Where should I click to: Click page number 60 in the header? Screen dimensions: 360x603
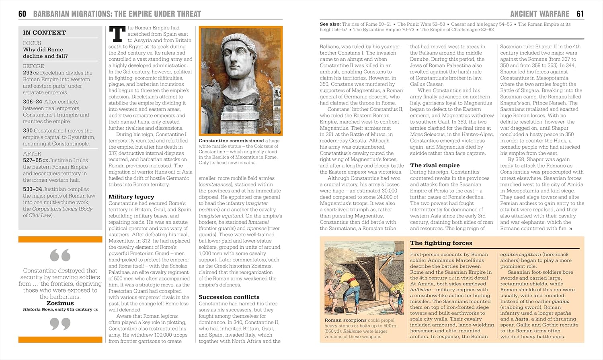pyautogui.click(x=22, y=14)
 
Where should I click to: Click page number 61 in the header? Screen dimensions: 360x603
pyautogui.click(x=580, y=14)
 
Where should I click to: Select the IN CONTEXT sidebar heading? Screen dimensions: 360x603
pyautogui.click(x=44, y=33)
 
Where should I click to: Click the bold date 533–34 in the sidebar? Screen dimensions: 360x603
pyautogui.click(x=32, y=189)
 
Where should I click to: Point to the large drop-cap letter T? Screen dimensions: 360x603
pyautogui.click(x=117, y=34)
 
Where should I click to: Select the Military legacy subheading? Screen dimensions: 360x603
pyautogui.click(x=131, y=196)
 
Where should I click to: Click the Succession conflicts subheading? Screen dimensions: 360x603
pyautogui.click(x=229, y=297)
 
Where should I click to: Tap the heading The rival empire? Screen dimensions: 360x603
pyautogui.click(x=435, y=165)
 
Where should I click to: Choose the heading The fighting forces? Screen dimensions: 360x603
pyautogui.click(x=441, y=243)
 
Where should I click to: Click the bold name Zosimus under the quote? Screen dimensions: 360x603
pyautogui.click(x=60, y=303)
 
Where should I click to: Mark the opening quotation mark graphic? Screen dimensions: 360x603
pyautogui.click(x=60, y=255)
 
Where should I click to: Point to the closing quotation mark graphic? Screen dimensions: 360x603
pyautogui.click(x=60, y=323)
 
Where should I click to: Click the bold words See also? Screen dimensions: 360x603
pyautogui.click(x=330, y=24)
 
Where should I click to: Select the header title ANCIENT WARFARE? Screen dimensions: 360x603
pyautogui.click(x=539, y=14)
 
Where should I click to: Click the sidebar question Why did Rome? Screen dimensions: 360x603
pyautogui.click(x=43, y=50)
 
